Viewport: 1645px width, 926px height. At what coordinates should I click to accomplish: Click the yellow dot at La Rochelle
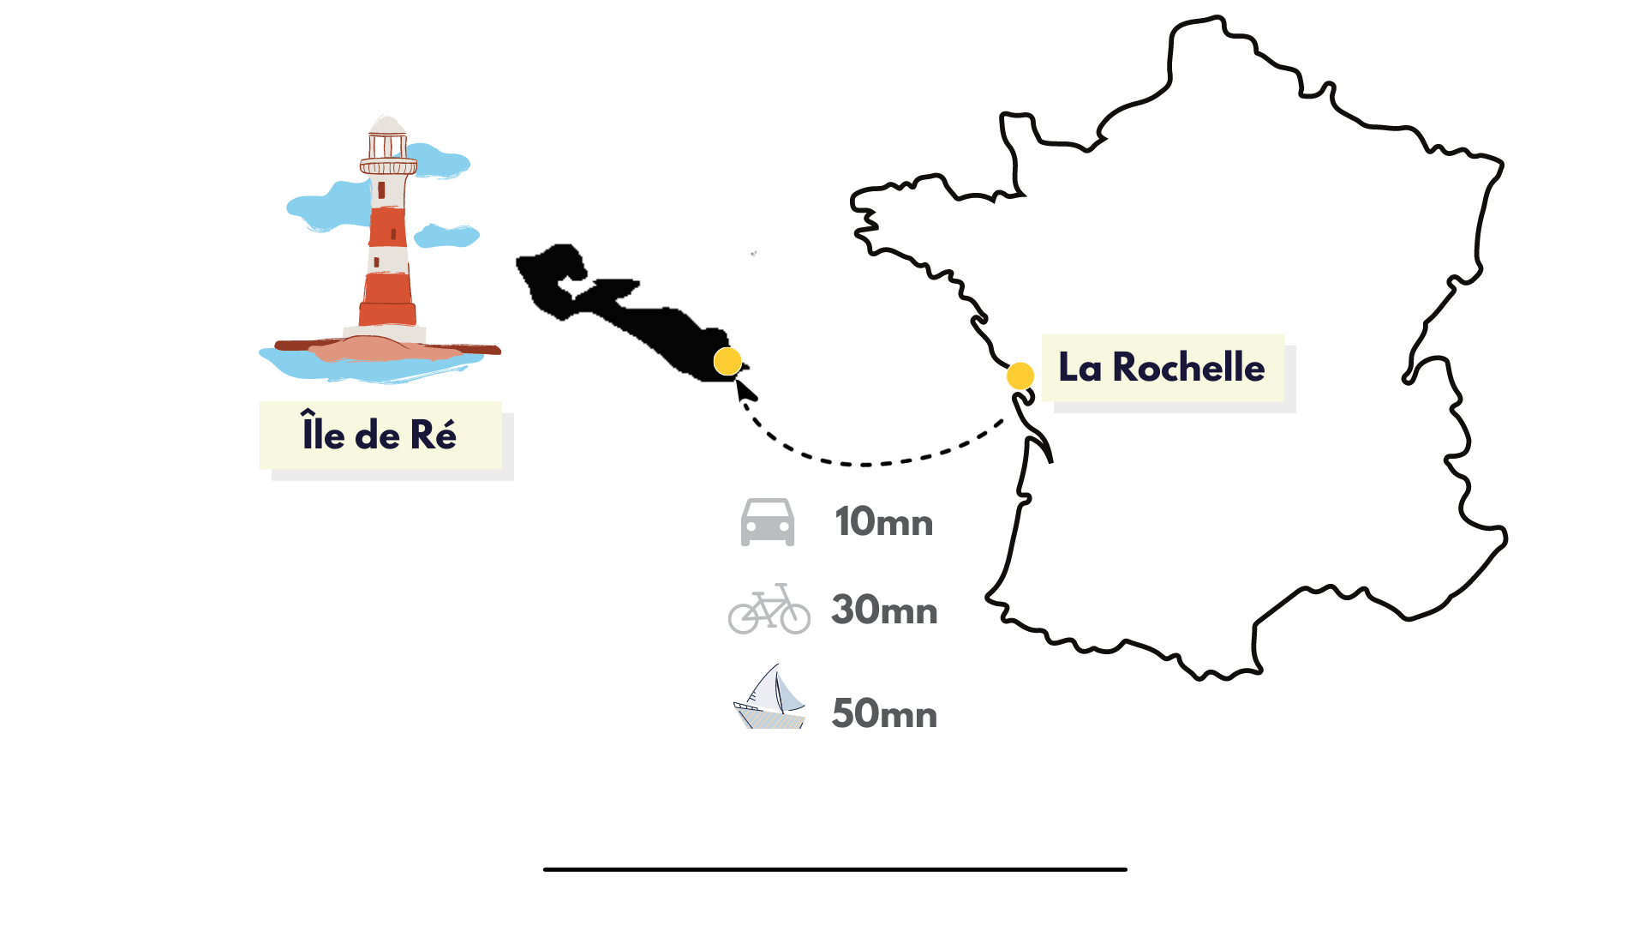(1020, 376)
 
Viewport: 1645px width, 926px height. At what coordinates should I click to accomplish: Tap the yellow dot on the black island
(727, 362)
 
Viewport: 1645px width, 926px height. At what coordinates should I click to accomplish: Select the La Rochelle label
(1163, 368)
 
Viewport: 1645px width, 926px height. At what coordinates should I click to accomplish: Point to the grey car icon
(768, 521)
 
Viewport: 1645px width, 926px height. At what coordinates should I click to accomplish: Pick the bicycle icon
(769, 609)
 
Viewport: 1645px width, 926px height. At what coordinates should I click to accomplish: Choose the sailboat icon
(769, 696)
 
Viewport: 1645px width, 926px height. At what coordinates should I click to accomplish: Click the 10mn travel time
(884, 521)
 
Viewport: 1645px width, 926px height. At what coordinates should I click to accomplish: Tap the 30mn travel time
(884, 610)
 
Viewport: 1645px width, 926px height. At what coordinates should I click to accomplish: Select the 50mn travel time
(884, 713)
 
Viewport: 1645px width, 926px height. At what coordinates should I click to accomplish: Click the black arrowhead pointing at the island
(745, 389)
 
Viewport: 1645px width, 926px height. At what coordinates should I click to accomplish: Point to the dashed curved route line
(865, 464)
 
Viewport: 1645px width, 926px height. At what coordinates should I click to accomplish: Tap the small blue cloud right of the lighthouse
(446, 235)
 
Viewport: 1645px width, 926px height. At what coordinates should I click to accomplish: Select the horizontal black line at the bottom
(835, 869)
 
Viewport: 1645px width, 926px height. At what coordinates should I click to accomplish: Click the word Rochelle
(1188, 368)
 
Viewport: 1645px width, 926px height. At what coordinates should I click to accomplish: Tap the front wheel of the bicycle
(794, 617)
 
